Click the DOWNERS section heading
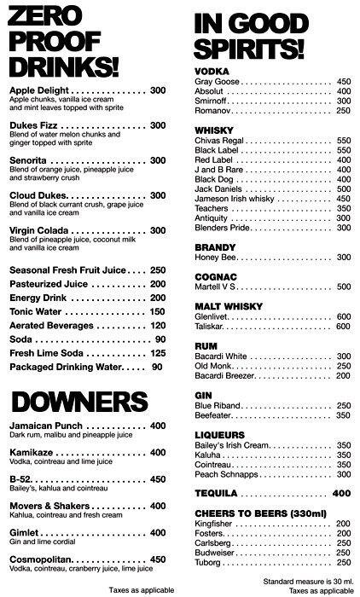point(73,401)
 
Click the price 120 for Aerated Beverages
point(157,325)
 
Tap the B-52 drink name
point(20,479)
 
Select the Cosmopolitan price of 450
point(157,559)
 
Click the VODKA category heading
point(212,71)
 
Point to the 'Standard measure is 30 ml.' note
point(308,581)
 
